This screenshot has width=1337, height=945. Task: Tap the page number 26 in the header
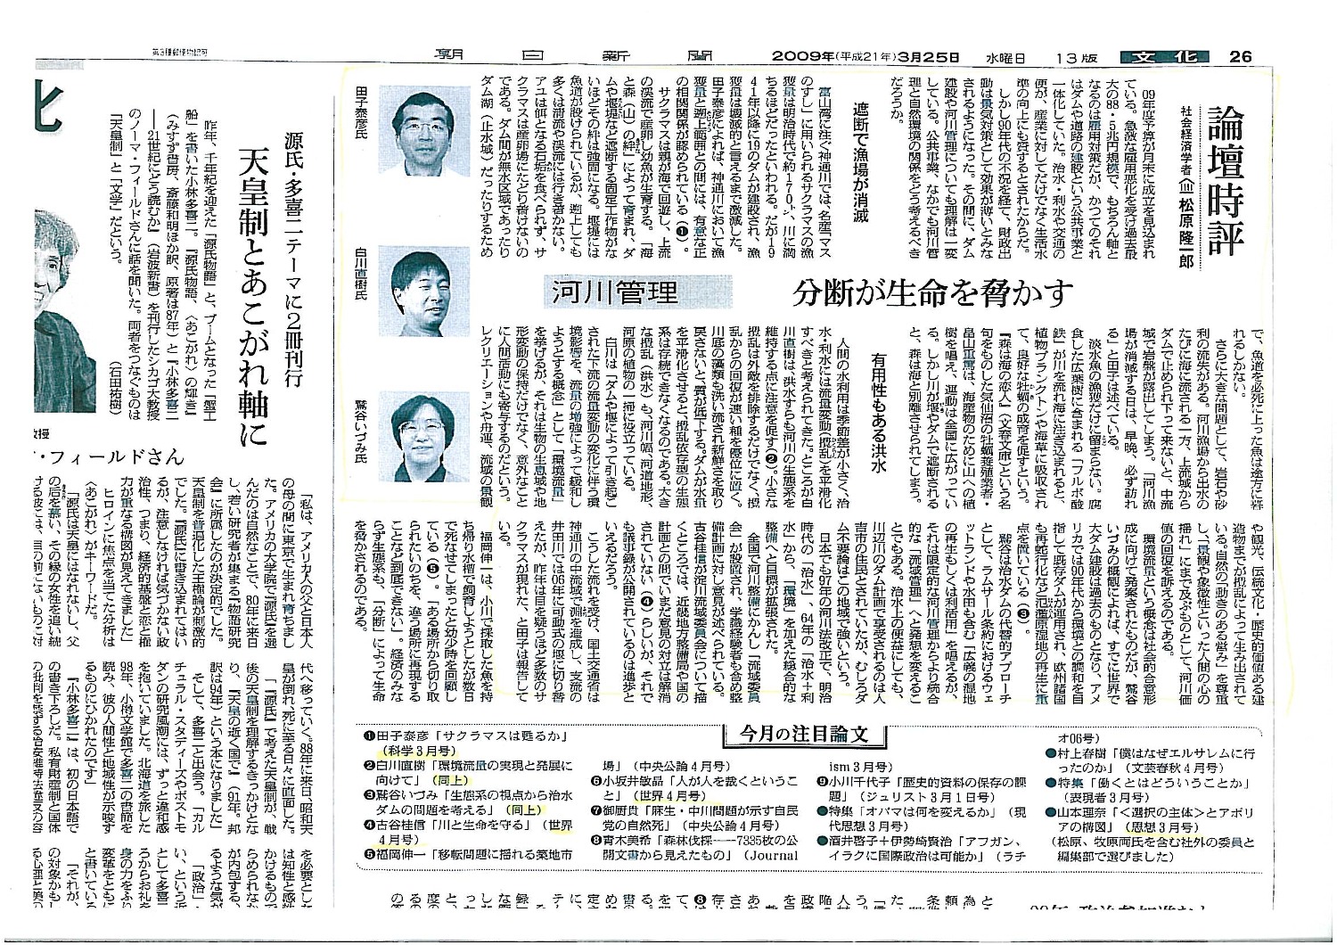point(1240,55)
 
